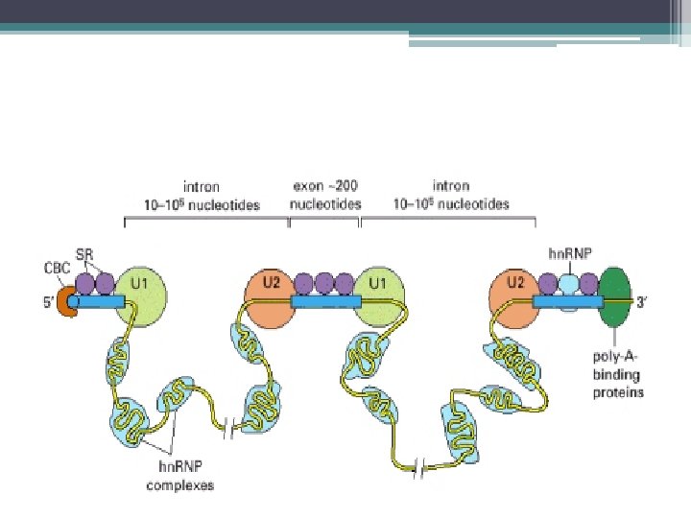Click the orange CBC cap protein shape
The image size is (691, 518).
[x=69, y=300]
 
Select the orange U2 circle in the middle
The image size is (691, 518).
[x=270, y=298]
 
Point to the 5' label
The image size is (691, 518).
[x=45, y=302]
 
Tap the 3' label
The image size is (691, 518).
[x=651, y=302]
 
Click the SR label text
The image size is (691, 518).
[x=87, y=250]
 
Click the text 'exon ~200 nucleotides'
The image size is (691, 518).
[x=325, y=197]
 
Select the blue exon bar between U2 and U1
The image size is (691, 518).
[x=324, y=302]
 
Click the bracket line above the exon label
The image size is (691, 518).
[x=324, y=220]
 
